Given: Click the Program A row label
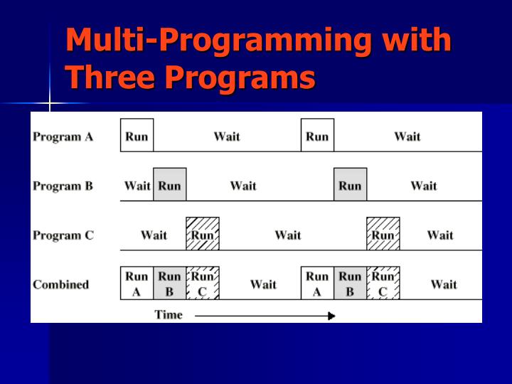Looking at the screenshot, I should (x=63, y=137).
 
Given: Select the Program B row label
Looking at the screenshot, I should (x=63, y=186).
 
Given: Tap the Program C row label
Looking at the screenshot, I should (x=63, y=235).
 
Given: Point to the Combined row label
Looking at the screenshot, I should (x=60, y=284).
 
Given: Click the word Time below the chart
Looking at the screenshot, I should (x=169, y=314).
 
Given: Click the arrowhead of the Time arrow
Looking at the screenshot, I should (x=331, y=316).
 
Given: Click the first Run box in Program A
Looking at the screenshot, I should (x=137, y=136).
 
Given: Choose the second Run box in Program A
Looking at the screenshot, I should (x=317, y=136).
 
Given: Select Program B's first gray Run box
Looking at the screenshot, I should (x=169, y=185).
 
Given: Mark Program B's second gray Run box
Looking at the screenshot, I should (x=350, y=185).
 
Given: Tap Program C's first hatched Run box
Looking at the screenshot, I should (x=203, y=234).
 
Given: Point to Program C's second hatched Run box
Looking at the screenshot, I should (x=383, y=234).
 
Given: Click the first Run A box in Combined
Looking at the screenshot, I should (x=137, y=283).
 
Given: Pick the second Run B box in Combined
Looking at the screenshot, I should (x=350, y=283).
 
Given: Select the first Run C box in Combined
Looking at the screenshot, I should (x=203, y=283).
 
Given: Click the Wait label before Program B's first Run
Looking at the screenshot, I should (x=137, y=186).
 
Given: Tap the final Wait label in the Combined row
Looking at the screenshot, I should (x=444, y=284).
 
